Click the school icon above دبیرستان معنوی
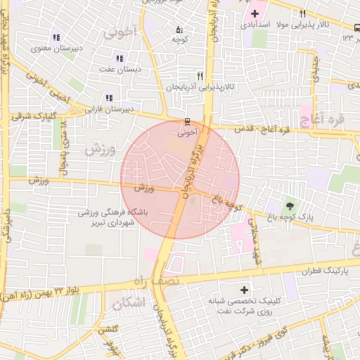[x=56, y=37]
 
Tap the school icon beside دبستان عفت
[x=120, y=58]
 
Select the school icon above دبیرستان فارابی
[x=108, y=98]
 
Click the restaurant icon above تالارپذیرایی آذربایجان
[x=200, y=76]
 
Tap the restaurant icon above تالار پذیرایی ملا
[x=302, y=13]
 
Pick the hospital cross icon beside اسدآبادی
[x=255, y=13]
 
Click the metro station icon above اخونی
[x=187, y=120]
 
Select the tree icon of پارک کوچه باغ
[x=289, y=206]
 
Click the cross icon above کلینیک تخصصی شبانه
[x=244, y=290]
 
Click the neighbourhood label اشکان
[x=127, y=303]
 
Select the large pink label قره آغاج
[x=322, y=120]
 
